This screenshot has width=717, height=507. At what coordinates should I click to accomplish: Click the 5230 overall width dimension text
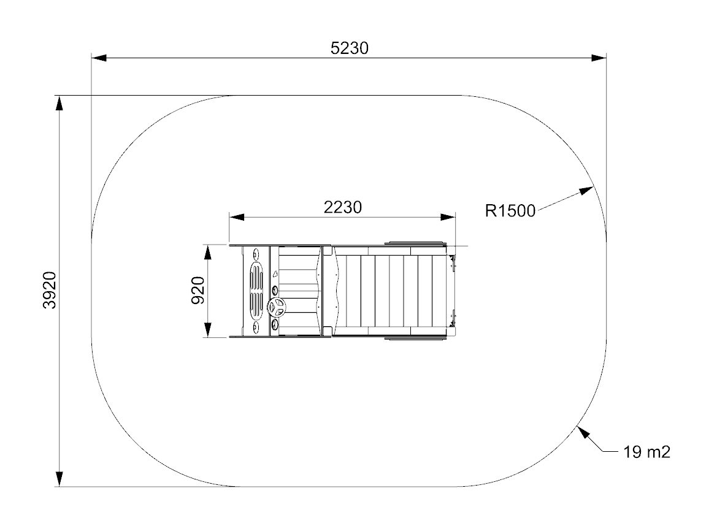click(x=350, y=48)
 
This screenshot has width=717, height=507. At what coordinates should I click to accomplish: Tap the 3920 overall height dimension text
click(x=50, y=291)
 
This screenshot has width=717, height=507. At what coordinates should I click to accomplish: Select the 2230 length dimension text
click(x=342, y=207)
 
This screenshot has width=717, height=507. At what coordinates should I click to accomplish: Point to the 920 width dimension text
click(x=198, y=291)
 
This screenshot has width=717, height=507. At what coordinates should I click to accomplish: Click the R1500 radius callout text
click(x=510, y=211)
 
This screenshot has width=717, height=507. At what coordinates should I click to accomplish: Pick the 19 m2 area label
click(x=646, y=452)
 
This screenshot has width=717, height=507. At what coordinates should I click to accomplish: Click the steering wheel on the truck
click(x=276, y=307)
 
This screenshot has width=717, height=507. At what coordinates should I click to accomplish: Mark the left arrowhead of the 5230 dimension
click(x=99, y=58)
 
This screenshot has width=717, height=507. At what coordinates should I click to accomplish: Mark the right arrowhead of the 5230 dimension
click(x=599, y=58)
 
